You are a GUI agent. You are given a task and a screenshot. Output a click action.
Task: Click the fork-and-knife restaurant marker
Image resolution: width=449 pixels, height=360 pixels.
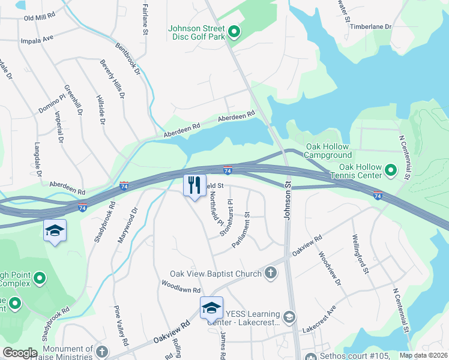click(x=194, y=185)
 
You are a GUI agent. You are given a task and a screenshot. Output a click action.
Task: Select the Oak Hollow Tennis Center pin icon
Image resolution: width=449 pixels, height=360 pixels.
click(x=391, y=171)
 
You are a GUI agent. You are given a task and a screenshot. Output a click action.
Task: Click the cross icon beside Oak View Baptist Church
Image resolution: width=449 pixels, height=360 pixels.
click(x=271, y=274)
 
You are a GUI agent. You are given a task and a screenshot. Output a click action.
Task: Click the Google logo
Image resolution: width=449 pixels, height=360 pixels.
click(x=20, y=353)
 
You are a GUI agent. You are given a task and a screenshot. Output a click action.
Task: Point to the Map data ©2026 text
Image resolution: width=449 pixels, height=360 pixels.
click(x=423, y=355)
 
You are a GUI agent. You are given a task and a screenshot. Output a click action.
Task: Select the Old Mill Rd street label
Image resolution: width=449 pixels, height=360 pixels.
click(x=39, y=18)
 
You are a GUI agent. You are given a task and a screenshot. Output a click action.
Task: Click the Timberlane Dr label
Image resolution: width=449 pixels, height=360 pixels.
click(x=370, y=27)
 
